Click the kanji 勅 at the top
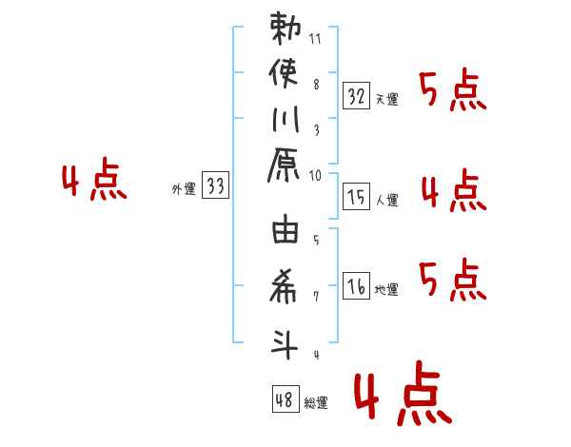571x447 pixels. click(x=285, y=29)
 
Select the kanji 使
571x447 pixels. click(x=284, y=74)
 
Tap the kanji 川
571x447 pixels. click(x=285, y=119)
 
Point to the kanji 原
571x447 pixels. click(x=284, y=165)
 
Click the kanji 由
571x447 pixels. click(x=285, y=228)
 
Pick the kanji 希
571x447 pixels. click(x=284, y=286)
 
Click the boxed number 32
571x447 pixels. click(x=356, y=95)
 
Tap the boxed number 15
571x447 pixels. click(x=356, y=196)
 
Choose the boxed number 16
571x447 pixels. click(x=356, y=285)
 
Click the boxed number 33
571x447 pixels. click(x=215, y=185)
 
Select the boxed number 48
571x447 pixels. click(x=285, y=398)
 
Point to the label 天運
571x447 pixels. click(x=386, y=99)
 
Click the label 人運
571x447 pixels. click(x=386, y=200)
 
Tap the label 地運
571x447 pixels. click(x=386, y=289)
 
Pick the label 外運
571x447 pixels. click(x=184, y=189)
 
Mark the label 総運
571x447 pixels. click(x=316, y=402)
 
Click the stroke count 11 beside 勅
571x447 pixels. click(x=315, y=39)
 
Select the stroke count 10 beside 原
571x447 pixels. click(x=315, y=175)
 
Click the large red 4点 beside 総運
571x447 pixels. click(x=403, y=393)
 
